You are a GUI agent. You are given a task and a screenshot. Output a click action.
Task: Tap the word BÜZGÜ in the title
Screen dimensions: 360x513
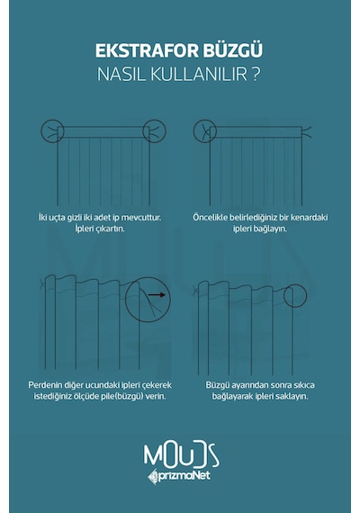233,50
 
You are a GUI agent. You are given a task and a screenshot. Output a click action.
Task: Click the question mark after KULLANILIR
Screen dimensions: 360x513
256,75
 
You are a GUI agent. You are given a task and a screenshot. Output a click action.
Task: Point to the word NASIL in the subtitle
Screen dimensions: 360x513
121,75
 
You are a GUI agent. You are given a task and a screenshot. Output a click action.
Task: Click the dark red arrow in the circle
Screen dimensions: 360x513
157,295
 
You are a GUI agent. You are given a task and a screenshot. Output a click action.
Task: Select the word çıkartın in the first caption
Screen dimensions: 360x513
111,229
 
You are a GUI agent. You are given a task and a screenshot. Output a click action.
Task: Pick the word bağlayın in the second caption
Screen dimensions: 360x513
273,229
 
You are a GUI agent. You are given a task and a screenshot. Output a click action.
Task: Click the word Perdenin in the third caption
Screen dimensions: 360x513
43,385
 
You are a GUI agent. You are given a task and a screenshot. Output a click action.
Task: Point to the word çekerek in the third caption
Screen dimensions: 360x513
157,385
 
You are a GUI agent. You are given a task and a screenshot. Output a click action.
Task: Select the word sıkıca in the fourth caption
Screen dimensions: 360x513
302,385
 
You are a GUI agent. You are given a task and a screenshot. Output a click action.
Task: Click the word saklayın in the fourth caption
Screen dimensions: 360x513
292,397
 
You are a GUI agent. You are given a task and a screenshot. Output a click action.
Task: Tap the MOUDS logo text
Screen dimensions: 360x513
181,455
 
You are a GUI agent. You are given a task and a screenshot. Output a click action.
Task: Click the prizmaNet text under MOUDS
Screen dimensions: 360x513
184,476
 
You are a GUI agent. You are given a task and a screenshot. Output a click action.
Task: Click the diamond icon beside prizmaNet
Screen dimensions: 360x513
152,477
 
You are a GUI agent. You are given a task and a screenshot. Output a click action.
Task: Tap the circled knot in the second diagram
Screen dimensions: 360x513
205,131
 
